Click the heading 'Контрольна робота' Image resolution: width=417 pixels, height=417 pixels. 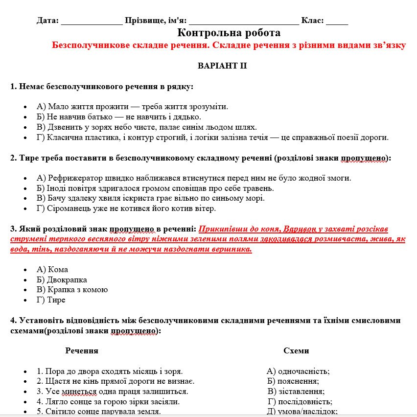229,33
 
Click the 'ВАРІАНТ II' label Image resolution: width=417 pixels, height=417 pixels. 222,66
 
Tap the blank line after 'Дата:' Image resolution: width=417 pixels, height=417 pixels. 92,21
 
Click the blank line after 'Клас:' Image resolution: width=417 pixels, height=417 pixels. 337,21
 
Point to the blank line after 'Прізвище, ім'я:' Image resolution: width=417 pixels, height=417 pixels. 243,21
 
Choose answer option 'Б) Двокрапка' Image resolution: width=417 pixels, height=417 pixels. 62,279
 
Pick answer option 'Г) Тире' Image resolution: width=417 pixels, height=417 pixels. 51,300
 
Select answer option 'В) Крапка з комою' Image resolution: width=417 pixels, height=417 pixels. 72,290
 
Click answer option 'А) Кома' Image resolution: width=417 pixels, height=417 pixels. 52,270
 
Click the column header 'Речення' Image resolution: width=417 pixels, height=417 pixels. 82,351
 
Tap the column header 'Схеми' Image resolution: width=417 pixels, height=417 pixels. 296,351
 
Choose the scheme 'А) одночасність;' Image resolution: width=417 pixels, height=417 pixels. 298,371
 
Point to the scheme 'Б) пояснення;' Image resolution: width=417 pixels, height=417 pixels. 293,381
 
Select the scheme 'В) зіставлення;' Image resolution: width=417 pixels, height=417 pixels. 296,392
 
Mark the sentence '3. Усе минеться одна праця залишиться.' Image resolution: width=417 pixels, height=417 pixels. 113,392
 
